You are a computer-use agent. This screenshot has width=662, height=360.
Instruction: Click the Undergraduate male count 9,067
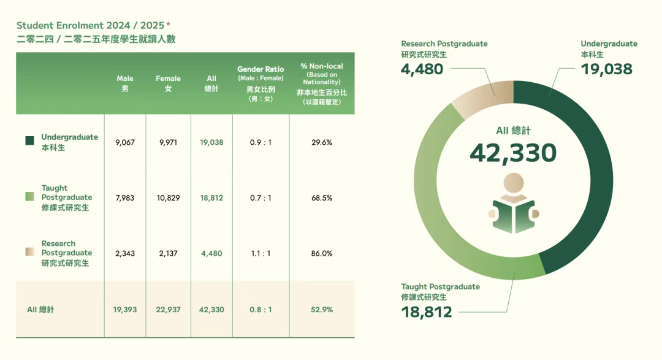(x=124, y=142)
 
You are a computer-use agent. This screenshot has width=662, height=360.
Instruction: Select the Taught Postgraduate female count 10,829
(x=168, y=197)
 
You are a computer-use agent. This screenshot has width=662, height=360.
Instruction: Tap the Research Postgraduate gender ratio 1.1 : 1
(x=261, y=253)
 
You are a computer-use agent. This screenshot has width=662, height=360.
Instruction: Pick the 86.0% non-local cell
(x=322, y=253)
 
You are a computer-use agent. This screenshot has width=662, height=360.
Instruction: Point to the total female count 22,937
(x=168, y=310)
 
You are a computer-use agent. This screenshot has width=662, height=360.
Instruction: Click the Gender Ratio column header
(x=261, y=83)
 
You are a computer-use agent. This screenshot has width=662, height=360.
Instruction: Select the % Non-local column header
(x=322, y=83)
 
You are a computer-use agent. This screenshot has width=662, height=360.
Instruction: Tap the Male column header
(x=125, y=83)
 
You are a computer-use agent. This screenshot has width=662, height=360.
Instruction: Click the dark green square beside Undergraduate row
(x=29, y=141)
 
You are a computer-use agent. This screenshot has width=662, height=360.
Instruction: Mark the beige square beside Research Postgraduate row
(x=29, y=252)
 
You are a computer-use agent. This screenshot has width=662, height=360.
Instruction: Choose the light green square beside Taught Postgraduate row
(x=29, y=197)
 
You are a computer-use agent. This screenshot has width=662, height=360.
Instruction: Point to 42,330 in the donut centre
(x=513, y=153)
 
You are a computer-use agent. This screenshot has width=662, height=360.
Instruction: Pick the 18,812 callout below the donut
(x=427, y=312)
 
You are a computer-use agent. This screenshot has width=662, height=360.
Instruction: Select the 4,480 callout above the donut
(x=422, y=69)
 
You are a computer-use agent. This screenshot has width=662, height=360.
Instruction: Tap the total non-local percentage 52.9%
(x=322, y=310)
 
